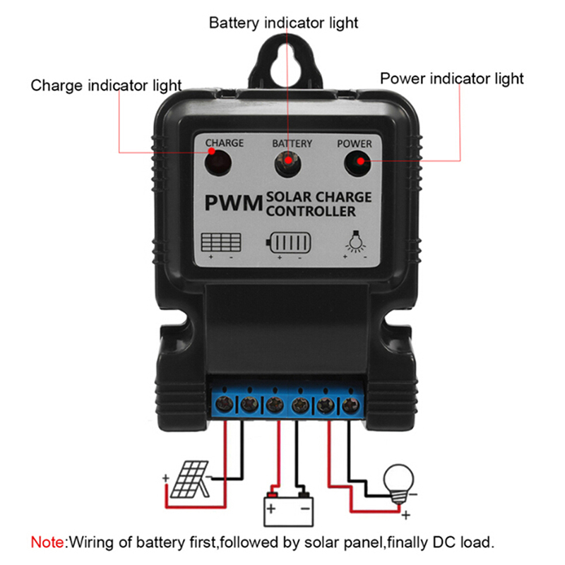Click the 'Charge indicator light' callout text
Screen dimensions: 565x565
[106, 85]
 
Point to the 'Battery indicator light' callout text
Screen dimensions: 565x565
[283, 23]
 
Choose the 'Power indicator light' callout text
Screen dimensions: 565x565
[452, 78]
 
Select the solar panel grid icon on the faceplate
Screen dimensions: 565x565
[221, 242]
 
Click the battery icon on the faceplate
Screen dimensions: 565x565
[288, 244]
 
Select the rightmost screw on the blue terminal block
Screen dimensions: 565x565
[350, 405]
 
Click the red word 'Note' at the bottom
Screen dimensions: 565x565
[47, 543]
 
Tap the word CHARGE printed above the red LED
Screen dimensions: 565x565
[225, 143]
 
